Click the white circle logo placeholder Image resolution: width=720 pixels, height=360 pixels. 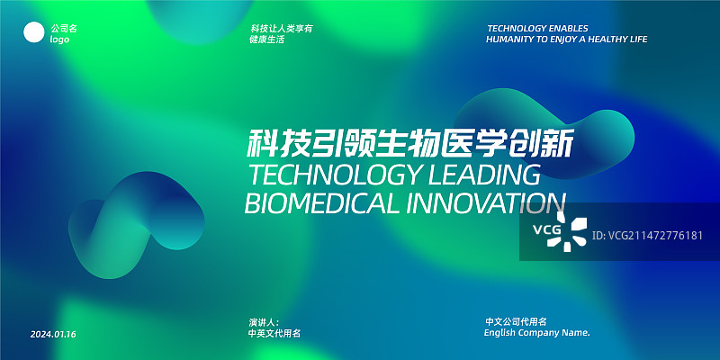point(33,34)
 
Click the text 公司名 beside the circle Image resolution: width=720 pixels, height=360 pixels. point(64,29)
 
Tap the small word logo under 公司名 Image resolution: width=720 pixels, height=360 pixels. point(59,40)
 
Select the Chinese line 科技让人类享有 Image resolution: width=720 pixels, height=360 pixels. point(281,29)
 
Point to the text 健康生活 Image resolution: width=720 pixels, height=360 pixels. point(267,40)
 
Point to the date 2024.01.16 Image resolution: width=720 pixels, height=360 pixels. point(53,335)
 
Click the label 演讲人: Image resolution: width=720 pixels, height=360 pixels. point(265,321)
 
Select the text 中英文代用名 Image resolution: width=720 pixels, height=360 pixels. point(274,333)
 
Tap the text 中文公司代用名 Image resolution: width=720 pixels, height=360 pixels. point(516,321)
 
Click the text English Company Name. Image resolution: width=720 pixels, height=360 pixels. point(536,333)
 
